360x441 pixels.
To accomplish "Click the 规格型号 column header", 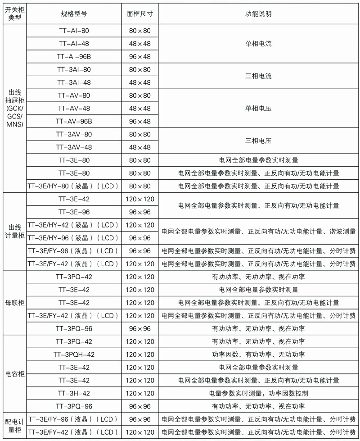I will coord(74,14).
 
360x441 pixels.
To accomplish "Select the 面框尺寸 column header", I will coord(140,14).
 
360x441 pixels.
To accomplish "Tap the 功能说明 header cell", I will coord(258,14).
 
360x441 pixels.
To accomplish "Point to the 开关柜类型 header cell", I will coord(13,14).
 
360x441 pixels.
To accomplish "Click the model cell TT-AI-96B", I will coord(74,57).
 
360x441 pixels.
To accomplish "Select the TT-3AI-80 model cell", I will coord(74,70).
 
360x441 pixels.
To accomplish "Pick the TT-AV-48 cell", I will coord(74,109).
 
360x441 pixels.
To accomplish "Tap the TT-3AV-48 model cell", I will coord(74,147).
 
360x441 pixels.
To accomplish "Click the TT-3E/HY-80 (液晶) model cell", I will coord(74,186).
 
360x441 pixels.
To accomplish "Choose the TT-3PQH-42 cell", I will coord(74,355).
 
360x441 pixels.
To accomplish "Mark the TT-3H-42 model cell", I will coord(74,393).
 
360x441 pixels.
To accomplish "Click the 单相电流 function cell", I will coord(258,44).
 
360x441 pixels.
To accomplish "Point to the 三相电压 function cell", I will coord(258,141).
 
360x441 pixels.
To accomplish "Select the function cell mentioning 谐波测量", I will coord(258,232).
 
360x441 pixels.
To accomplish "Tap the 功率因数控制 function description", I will coord(258,393).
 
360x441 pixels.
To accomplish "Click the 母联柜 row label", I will coord(13,303).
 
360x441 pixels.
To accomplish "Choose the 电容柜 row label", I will coord(13,374).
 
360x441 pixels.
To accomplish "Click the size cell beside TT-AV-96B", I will coord(140,122).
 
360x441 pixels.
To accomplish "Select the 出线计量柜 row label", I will coord(13,232).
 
